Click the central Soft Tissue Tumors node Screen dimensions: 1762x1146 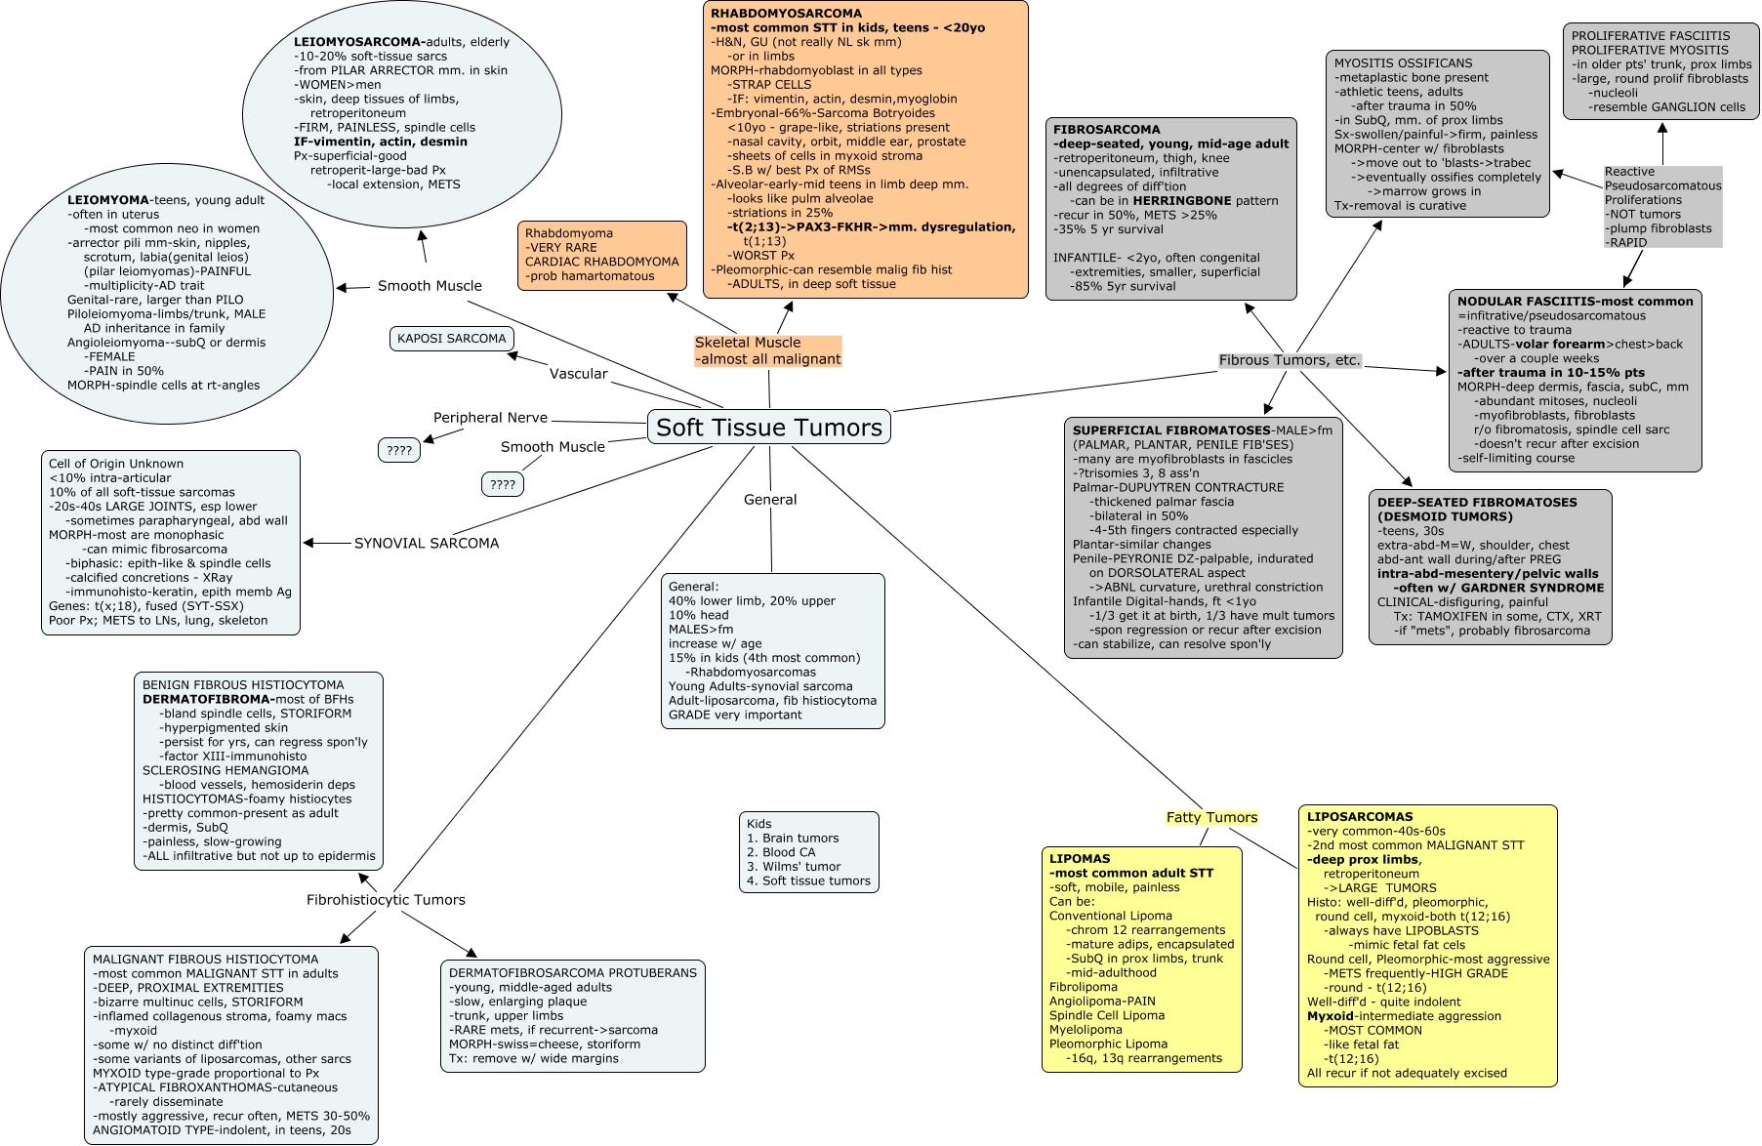point(769,427)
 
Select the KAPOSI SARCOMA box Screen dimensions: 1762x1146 point(451,339)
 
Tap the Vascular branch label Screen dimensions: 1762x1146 point(578,374)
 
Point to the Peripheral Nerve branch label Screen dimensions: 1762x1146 point(490,418)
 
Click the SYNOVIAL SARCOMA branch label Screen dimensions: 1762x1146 point(427,544)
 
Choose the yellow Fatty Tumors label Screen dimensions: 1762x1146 point(1211,818)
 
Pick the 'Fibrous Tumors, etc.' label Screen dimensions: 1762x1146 point(1290,360)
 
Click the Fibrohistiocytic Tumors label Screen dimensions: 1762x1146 point(386,900)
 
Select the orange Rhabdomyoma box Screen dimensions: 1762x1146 point(601,255)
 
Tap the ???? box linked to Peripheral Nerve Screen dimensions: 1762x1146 point(399,450)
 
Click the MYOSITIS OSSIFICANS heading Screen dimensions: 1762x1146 point(1404,63)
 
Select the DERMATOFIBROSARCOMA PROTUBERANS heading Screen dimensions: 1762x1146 point(573,973)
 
